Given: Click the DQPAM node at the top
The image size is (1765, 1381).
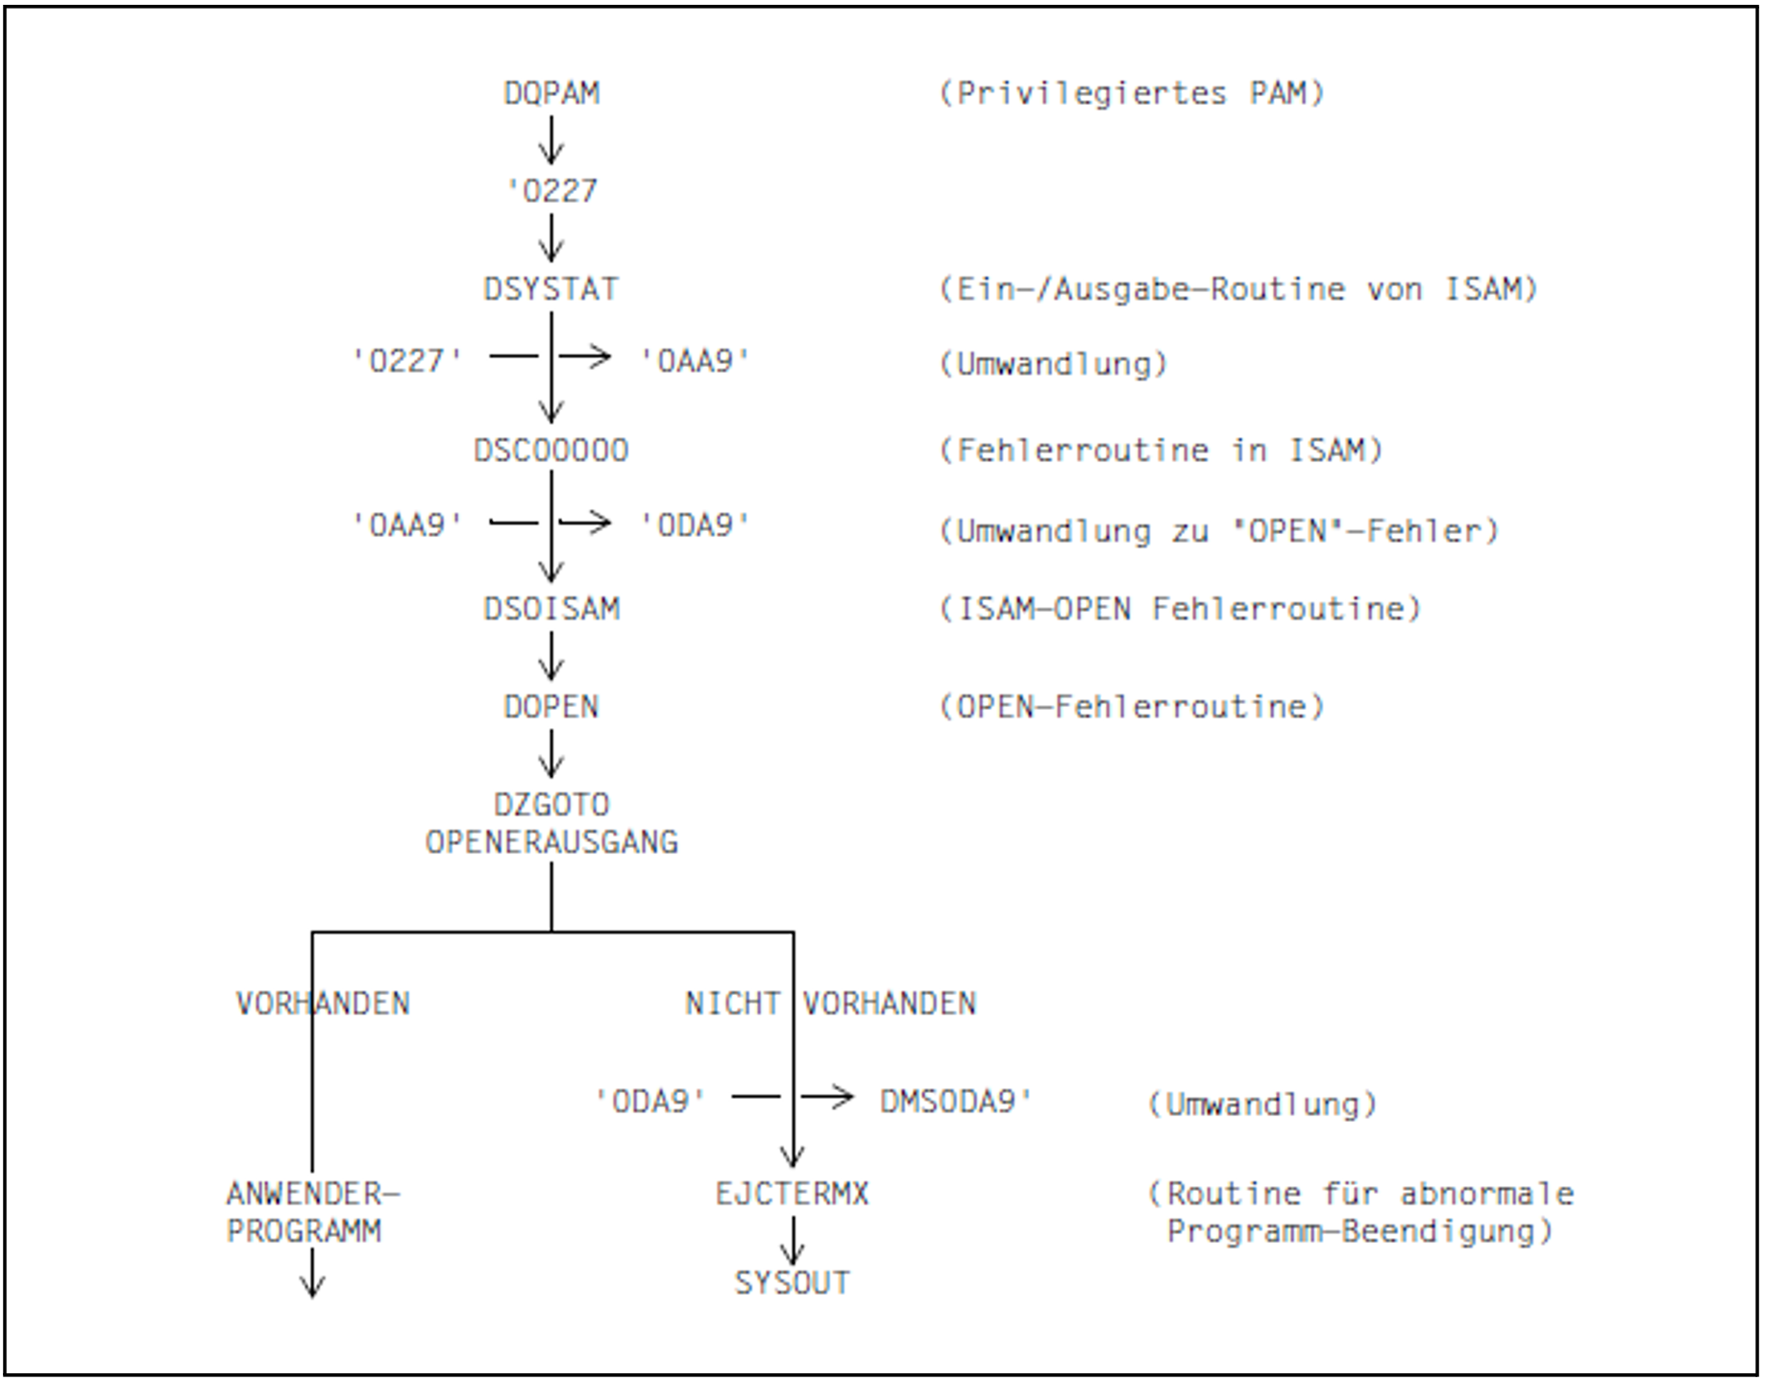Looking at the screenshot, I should coord(552,93).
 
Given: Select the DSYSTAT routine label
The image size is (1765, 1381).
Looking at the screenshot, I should coord(551,289).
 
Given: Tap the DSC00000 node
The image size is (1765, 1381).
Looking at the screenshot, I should coord(551,450).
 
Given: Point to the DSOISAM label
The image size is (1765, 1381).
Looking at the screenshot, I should coord(552,609).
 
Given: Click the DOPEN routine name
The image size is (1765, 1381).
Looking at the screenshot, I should coord(552,707).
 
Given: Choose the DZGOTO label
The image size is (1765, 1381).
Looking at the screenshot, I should coord(552,804).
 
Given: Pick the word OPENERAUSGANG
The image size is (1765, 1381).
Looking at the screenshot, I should coord(552,842).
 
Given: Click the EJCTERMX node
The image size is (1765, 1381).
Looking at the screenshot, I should coord(792,1194).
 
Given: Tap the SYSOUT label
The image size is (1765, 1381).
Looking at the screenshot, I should coord(792,1283).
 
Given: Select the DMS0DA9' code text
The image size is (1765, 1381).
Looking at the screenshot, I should coord(956,1101).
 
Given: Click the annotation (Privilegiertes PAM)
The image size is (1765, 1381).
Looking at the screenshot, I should coord(1131,93).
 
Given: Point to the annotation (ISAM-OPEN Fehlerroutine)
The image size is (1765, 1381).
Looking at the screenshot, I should coord(1179,609).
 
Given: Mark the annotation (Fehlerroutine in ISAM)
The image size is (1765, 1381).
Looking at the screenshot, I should coord(1160,450).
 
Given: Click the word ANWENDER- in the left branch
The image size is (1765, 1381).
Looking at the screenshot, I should coord(312,1194).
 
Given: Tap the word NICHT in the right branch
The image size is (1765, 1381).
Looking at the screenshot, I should coord(732,1004).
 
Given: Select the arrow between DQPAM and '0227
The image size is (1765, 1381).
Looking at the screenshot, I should coord(552,140).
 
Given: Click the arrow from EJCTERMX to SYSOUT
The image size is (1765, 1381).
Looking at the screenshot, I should coord(792,1241).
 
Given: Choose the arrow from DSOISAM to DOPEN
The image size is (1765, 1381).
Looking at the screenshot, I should coord(552,657).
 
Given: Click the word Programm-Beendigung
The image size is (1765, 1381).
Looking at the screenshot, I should coord(1350,1231).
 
